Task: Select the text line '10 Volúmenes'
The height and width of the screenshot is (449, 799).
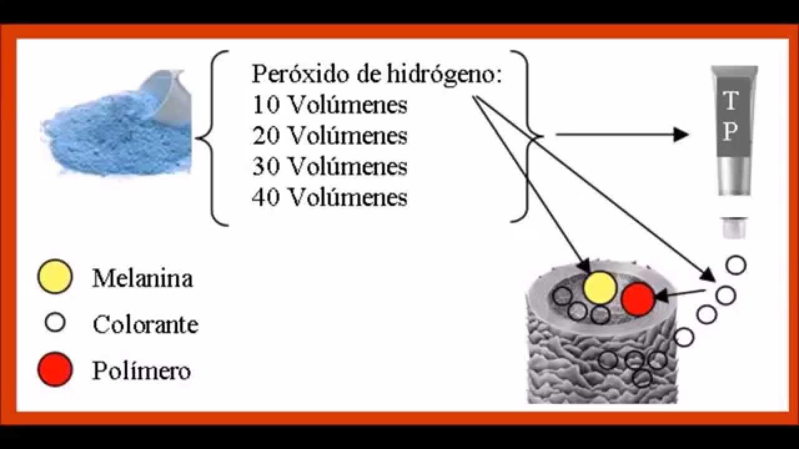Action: click(x=330, y=105)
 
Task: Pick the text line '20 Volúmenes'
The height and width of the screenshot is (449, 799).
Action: click(x=330, y=135)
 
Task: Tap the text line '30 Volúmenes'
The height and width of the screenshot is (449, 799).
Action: click(x=330, y=167)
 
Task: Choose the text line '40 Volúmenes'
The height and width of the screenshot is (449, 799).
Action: click(x=330, y=198)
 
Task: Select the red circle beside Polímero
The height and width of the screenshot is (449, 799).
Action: click(x=55, y=370)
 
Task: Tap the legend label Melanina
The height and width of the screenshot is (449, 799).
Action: click(x=142, y=279)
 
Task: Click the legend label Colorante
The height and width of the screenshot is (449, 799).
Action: click(x=145, y=324)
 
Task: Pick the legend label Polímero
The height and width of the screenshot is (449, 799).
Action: click(x=141, y=371)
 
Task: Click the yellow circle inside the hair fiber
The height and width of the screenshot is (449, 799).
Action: click(x=600, y=287)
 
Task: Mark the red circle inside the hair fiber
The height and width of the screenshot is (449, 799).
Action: click(x=638, y=299)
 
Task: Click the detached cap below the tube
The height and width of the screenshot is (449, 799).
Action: click(x=734, y=227)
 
